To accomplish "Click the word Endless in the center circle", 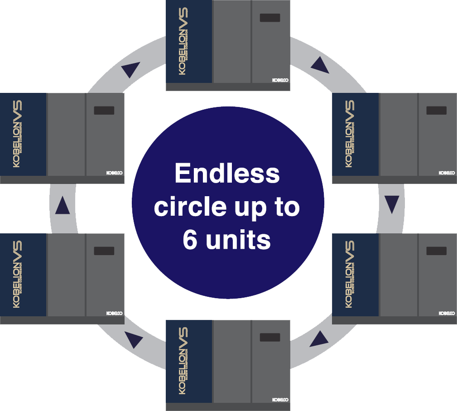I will pyautogui.click(x=227, y=174).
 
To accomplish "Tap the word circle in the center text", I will pyautogui.click(x=189, y=207).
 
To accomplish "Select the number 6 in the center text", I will pyautogui.click(x=190, y=240).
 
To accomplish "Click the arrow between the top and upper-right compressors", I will pyautogui.click(x=320, y=66).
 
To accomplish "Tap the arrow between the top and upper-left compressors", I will pyautogui.click(x=130, y=69).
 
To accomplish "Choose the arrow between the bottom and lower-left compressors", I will pyautogui.click(x=134, y=340).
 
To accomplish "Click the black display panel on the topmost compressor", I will pyautogui.click(x=269, y=18).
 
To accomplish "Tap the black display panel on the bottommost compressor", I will pyautogui.click(x=269, y=337).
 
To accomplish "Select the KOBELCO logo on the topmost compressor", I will pyautogui.click(x=280, y=80).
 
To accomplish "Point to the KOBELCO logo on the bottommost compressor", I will pyautogui.click(x=280, y=400).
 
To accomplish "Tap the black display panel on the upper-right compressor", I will pyautogui.click(x=436, y=111).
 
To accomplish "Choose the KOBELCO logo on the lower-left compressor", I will pyautogui.click(x=115, y=313).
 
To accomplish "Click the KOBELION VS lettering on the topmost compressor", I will pyautogui.click(x=183, y=41).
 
